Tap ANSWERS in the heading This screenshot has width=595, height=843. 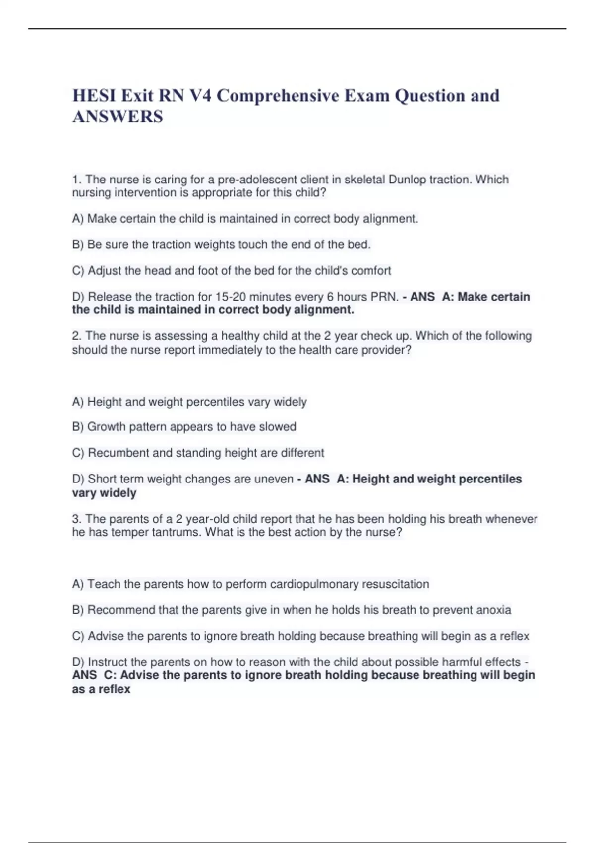point(118,117)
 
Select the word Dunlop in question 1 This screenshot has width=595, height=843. point(407,180)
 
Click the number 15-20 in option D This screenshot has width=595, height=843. point(230,297)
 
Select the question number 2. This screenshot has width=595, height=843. point(76,336)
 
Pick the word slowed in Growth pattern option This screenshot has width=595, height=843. point(280,427)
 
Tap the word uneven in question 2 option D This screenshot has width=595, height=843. point(274,479)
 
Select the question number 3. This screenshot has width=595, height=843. point(76,519)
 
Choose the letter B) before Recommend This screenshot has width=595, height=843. point(78,610)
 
